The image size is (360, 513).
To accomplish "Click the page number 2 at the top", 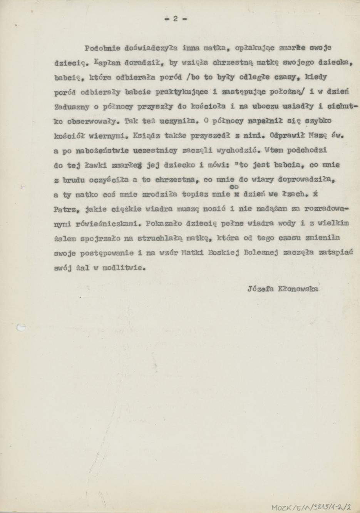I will click(x=175, y=18).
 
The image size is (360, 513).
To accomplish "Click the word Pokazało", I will click(x=163, y=223).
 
